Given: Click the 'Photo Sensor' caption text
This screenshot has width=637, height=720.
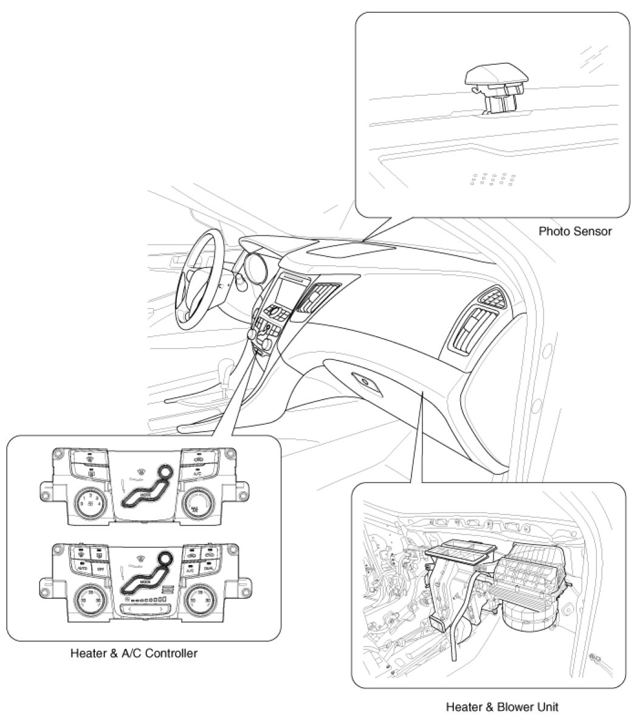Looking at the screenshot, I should coord(575,232).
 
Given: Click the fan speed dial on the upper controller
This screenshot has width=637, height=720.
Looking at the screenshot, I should coord(89,502).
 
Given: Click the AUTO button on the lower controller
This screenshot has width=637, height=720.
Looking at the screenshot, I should coord(82,568).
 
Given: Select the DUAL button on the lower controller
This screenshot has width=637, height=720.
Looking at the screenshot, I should coord(208,568).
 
